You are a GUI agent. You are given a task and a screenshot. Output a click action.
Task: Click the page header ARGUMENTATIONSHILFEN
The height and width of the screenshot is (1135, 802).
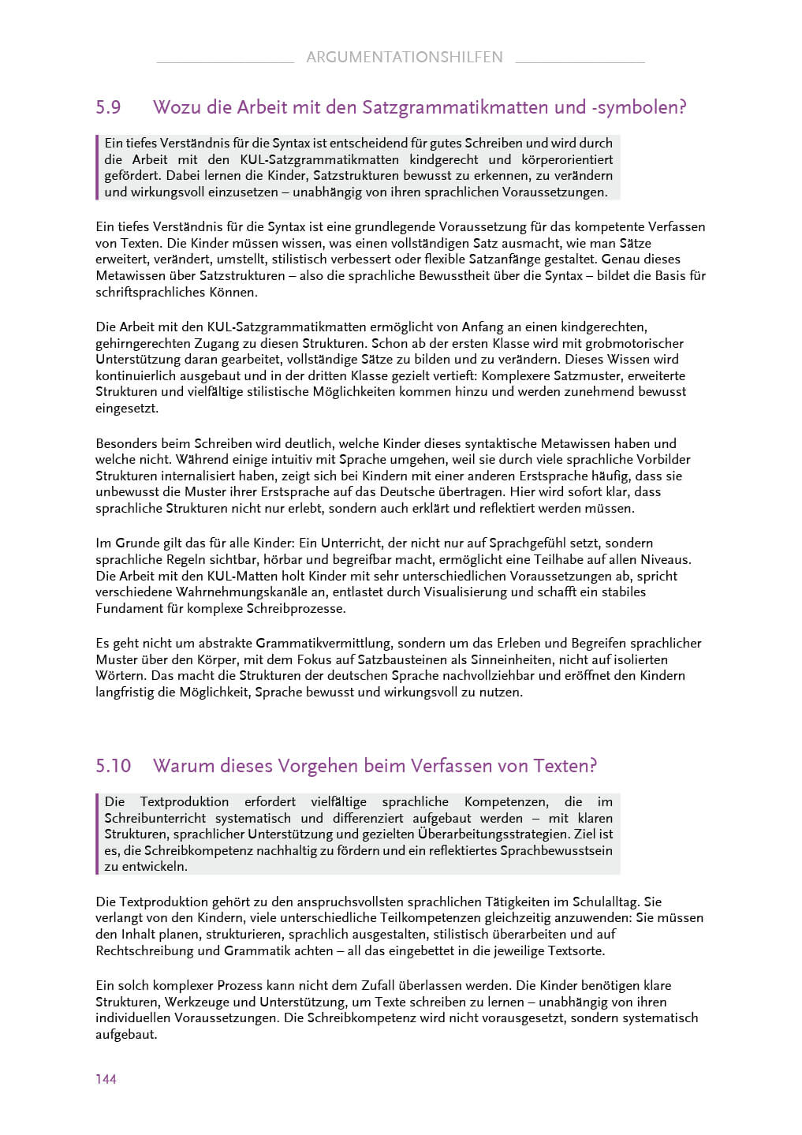click(404, 57)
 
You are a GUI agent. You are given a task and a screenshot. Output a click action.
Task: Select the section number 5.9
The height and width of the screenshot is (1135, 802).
click(108, 107)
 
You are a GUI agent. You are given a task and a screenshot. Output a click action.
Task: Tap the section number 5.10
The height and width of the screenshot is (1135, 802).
click(113, 766)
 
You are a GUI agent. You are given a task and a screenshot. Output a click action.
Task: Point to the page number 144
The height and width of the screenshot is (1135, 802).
click(106, 1079)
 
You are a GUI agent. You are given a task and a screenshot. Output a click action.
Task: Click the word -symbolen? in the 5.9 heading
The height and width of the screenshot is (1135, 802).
click(639, 107)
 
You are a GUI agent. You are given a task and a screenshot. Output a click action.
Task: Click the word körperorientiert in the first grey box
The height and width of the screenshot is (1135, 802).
click(567, 159)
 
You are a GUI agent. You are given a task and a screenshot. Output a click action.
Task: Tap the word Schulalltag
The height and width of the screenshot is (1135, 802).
click(597, 902)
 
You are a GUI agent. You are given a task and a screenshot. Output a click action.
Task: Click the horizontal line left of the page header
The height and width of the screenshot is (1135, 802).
click(225, 62)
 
